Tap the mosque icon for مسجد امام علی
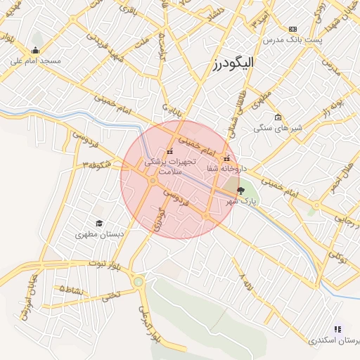36,50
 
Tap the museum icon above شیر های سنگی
278,117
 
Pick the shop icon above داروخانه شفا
226,158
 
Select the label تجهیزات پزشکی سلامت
168,166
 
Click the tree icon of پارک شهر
241,190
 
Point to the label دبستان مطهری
99,234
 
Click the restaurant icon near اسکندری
337,329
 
